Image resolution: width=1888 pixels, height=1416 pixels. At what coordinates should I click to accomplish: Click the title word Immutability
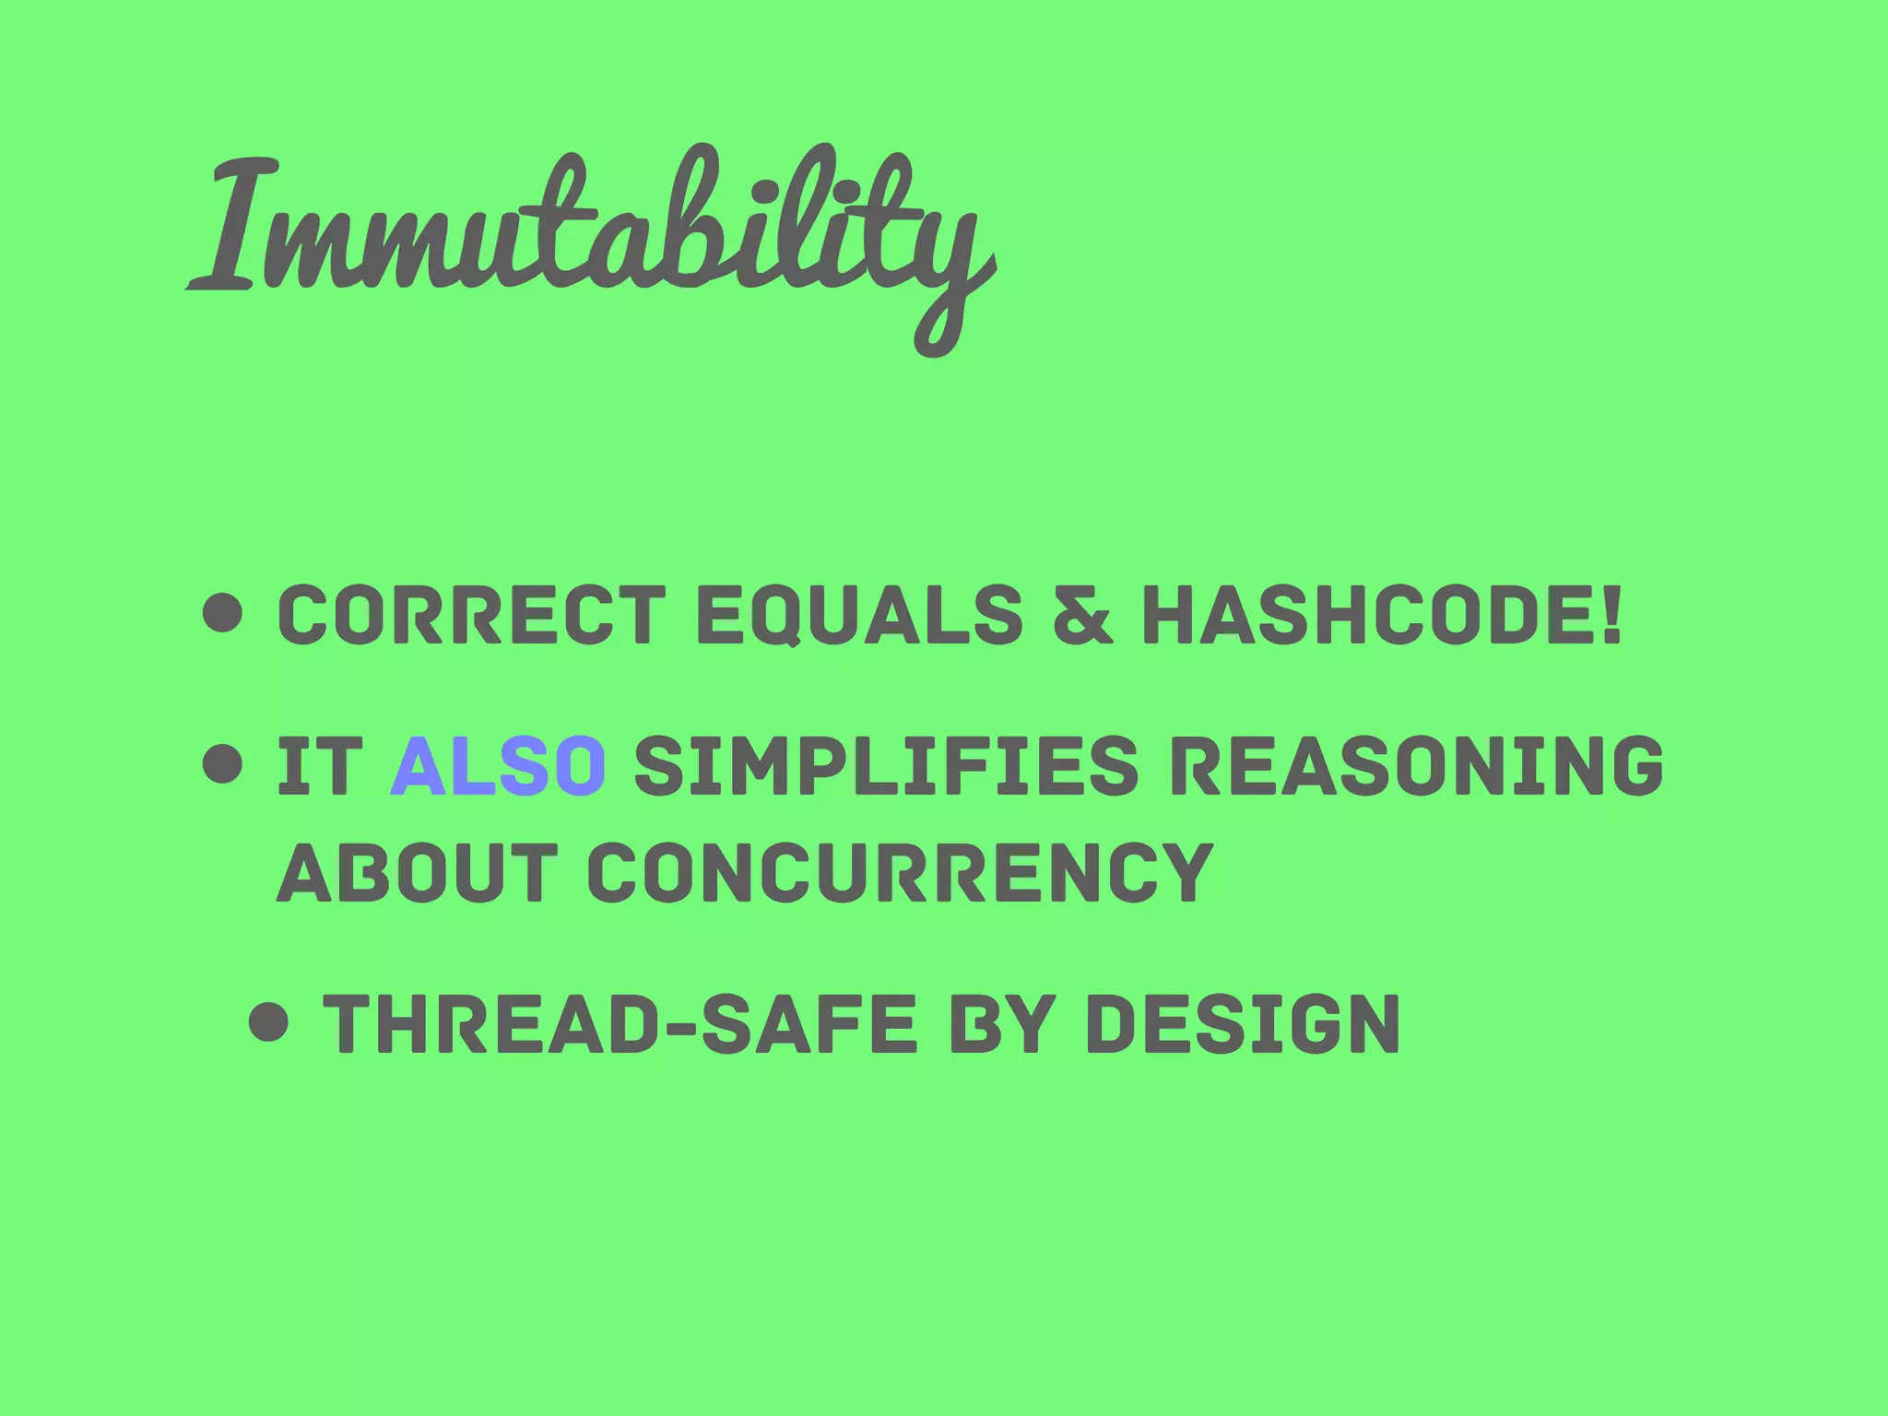click(x=590, y=230)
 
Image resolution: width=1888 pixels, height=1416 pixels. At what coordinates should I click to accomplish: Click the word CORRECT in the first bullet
click(x=471, y=615)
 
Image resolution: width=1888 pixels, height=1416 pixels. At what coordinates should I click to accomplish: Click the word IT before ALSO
click(x=319, y=765)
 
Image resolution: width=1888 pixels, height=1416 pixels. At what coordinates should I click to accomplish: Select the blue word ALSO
click(x=499, y=765)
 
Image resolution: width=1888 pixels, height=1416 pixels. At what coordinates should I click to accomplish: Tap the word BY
click(x=1001, y=1023)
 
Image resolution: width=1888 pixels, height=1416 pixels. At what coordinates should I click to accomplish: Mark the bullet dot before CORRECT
click(x=223, y=614)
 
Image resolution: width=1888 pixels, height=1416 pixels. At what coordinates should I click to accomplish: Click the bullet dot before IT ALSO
click(x=223, y=764)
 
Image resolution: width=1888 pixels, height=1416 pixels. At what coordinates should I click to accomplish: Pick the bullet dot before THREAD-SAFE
click(x=269, y=1021)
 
